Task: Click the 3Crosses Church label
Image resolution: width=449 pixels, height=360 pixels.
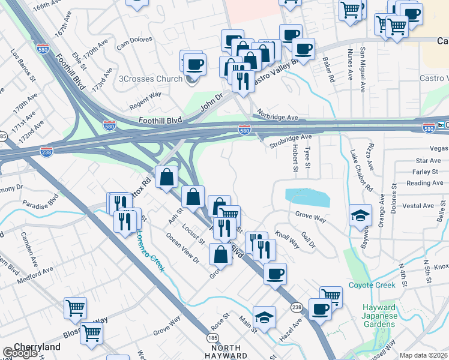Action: pyautogui.click(x=151, y=79)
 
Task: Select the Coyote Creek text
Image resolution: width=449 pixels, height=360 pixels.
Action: pyautogui.click(x=372, y=285)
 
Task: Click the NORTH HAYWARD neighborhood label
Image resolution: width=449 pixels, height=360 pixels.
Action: pyautogui.click(x=226, y=352)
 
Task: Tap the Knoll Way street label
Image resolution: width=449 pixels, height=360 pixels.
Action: pyautogui.click(x=287, y=238)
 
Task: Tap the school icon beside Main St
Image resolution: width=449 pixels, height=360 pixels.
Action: pyautogui.click(x=264, y=317)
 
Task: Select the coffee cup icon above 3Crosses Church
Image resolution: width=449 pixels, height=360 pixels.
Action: pyautogui.click(x=194, y=64)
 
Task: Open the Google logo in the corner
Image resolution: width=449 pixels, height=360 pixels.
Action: pyautogui.click(x=20, y=353)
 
